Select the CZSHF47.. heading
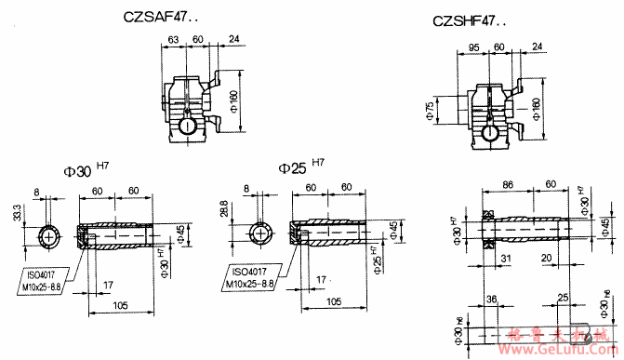470,20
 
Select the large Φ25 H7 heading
301,167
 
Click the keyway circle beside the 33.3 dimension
47,237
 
